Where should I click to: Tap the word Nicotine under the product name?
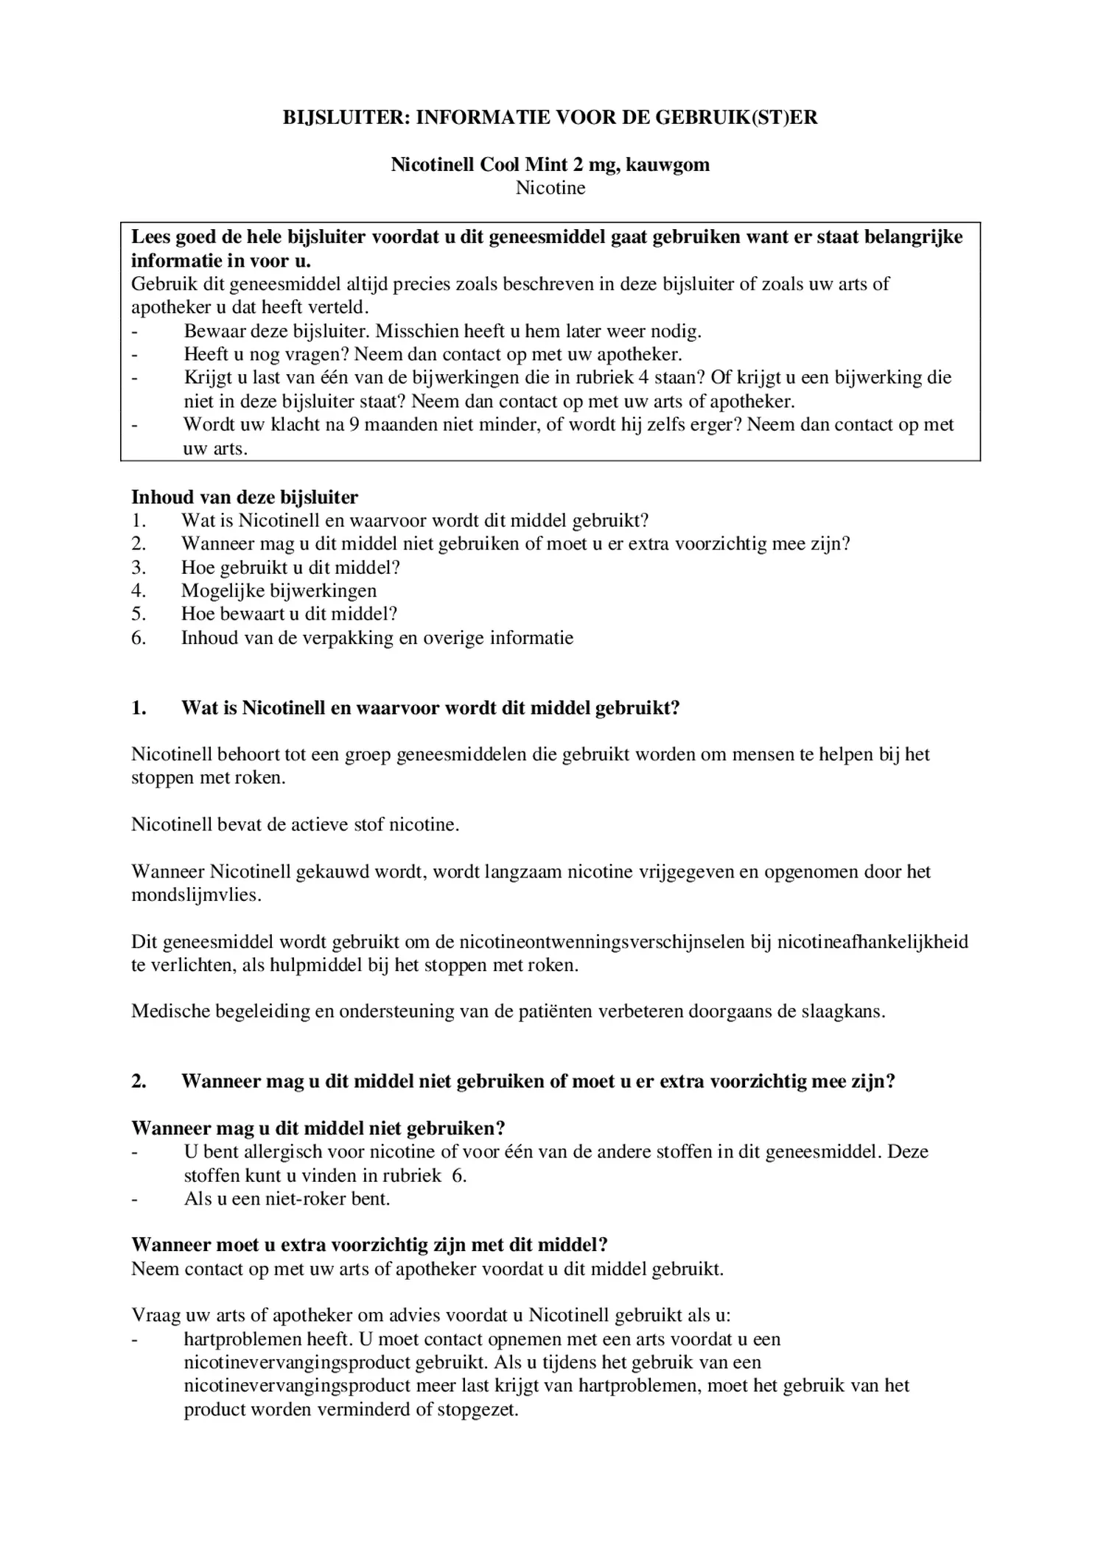click(x=550, y=188)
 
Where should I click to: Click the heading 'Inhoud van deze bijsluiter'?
click(x=245, y=497)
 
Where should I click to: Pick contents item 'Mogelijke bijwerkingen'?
click(x=279, y=591)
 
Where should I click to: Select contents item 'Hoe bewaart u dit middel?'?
click(x=289, y=614)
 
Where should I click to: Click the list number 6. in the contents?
click(x=139, y=637)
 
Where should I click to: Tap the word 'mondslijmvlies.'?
click(x=196, y=895)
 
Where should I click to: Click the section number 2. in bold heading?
click(x=139, y=1082)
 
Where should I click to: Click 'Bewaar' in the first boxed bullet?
click(x=214, y=332)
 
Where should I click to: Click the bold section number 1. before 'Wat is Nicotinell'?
click(x=139, y=708)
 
